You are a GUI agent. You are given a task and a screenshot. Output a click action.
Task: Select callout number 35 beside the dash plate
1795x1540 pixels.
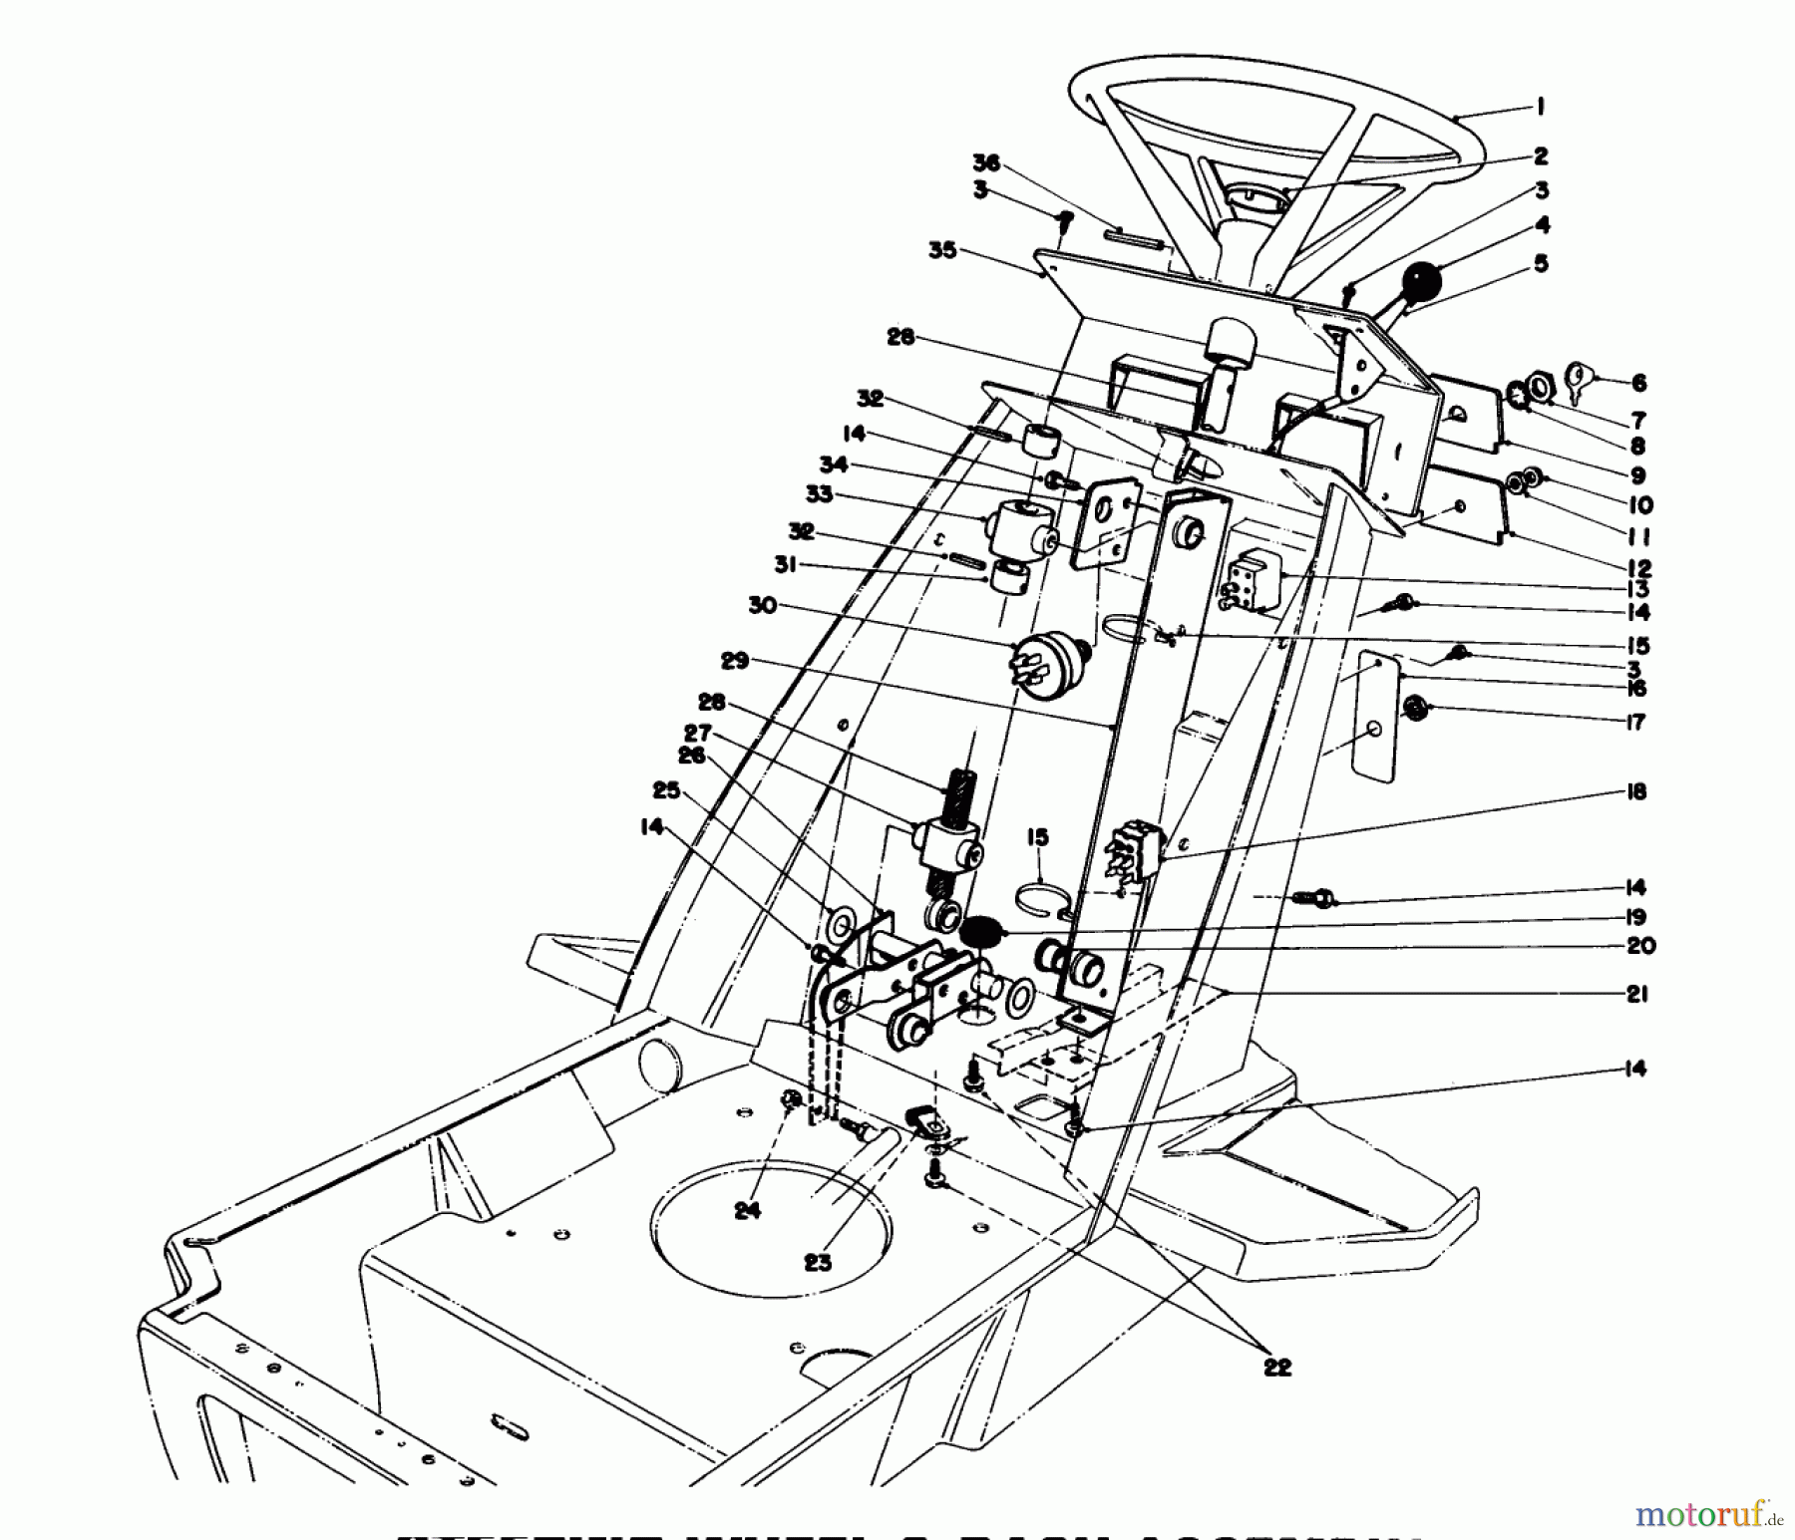coord(942,251)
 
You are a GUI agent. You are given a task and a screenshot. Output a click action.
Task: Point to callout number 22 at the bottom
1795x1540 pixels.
coord(1277,1368)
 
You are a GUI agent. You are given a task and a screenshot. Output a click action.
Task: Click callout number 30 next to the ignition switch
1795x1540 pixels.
coord(763,605)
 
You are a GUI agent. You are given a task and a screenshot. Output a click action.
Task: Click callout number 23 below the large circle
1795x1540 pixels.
coord(818,1263)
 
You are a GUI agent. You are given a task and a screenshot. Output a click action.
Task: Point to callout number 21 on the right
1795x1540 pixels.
coord(1635,994)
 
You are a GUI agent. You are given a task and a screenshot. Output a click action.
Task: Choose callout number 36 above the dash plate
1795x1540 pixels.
coord(986,164)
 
